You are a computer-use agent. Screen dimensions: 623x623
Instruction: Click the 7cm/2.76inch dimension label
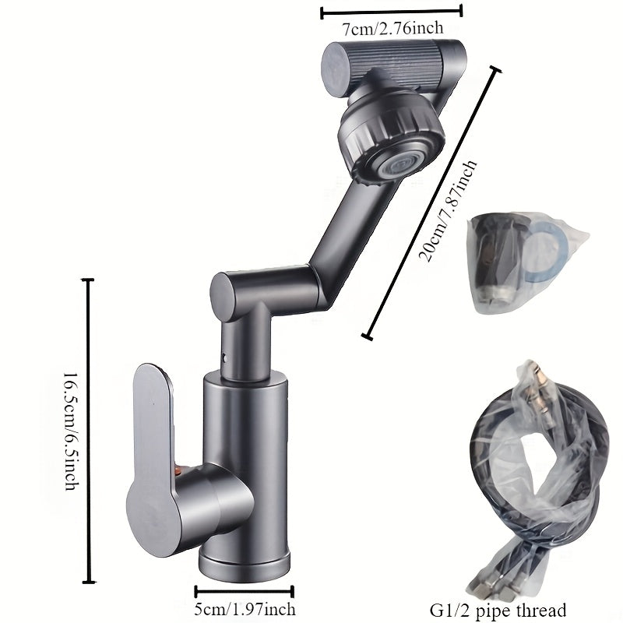pos(392,29)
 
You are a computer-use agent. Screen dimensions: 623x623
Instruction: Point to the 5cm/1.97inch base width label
pos(245,609)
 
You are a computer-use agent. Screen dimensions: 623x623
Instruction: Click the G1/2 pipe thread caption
pos(498,611)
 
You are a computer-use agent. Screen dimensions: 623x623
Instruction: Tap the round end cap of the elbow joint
pos(224,296)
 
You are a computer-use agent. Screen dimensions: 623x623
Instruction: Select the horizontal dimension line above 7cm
pos(392,12)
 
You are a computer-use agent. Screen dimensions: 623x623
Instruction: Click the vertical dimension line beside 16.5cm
pos(88,431)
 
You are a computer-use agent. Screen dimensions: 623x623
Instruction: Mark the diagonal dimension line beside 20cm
pos(431,203)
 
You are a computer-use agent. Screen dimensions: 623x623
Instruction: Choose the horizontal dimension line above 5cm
pos(245,592)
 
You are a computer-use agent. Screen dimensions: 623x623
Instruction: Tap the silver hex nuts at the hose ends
pos(488,593)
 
